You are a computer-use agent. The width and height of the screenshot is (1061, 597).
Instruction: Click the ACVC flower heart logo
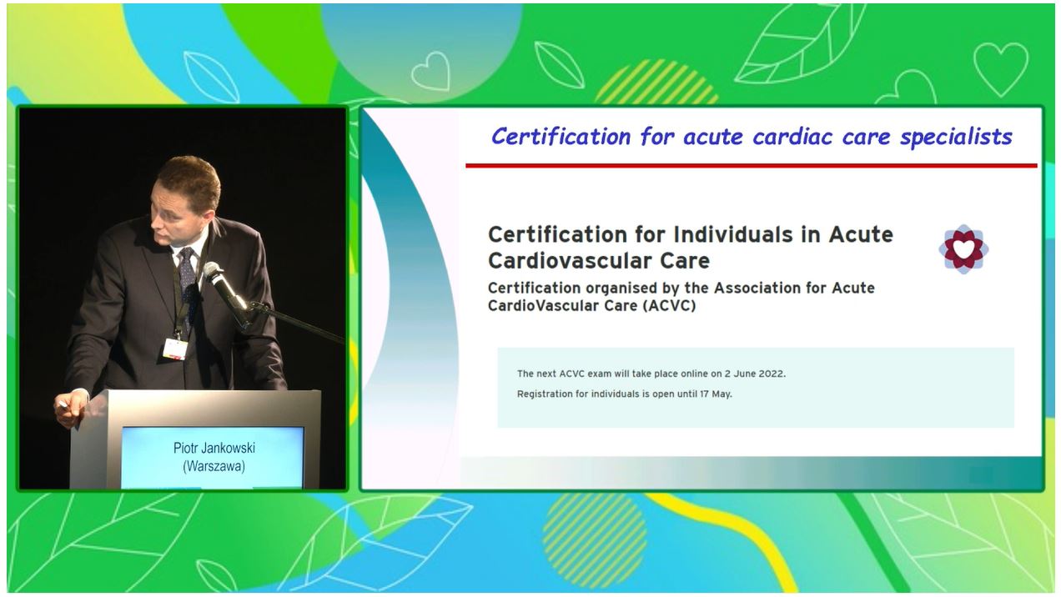(x=963, y=249)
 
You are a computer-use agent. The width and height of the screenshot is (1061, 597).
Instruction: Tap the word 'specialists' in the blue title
(x=956, y=137)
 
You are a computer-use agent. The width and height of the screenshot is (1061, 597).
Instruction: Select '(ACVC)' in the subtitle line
(x=669, y=306)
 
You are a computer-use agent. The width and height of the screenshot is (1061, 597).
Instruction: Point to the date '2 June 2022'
(x=754, y=374)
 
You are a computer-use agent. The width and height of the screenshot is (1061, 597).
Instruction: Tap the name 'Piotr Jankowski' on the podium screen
(x=214, y=448)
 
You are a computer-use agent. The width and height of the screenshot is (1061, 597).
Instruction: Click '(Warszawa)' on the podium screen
(x=214, y=466)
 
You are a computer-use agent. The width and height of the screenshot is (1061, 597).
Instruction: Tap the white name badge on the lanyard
(x=174, y=349)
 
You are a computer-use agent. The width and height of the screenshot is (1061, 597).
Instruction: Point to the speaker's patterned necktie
(x=188, y=279)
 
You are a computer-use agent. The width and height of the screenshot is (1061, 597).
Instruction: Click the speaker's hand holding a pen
(x=71, y=408)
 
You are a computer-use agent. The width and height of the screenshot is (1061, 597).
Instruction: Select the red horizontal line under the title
(x=752, y=166)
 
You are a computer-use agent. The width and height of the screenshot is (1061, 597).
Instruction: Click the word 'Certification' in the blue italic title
(x=561, y=137)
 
